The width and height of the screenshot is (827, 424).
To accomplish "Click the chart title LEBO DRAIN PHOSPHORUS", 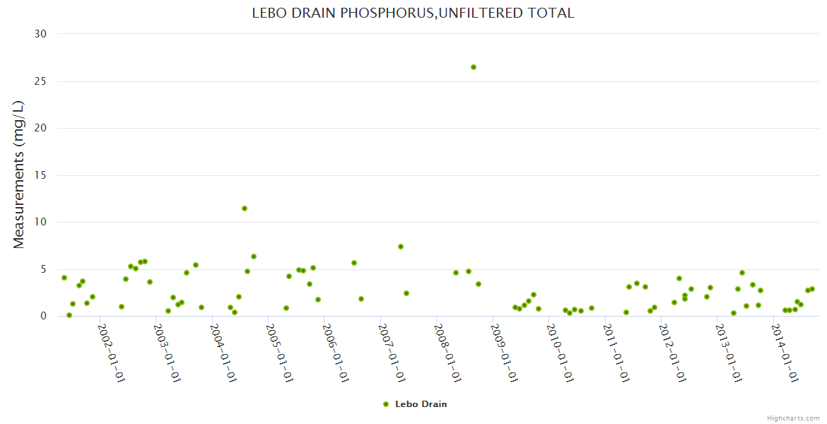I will click(413, 13).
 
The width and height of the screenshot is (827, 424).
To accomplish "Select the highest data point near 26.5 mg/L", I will click(474, 67).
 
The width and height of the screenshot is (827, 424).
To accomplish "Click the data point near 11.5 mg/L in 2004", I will click(245, 208).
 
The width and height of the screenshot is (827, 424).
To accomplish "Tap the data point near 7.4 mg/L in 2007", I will click(401, 247).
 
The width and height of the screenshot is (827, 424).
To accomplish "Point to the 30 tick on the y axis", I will click(40, 34).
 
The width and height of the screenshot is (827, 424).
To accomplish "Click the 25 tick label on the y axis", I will click(40, 81).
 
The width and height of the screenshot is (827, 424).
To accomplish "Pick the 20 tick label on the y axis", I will click(40, 128).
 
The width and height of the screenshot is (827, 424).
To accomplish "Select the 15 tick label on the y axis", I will click(40, 175).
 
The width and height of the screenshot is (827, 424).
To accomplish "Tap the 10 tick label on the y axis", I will click(40, 222).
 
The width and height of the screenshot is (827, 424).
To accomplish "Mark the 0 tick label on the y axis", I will click(43, 317).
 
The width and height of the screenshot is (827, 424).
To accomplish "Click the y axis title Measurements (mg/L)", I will click(19, 175).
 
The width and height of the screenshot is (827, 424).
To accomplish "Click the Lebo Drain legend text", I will click(421, 404).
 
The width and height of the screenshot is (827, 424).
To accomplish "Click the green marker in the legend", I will click(386, 404).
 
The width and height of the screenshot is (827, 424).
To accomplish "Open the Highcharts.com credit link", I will click(793, 418).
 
